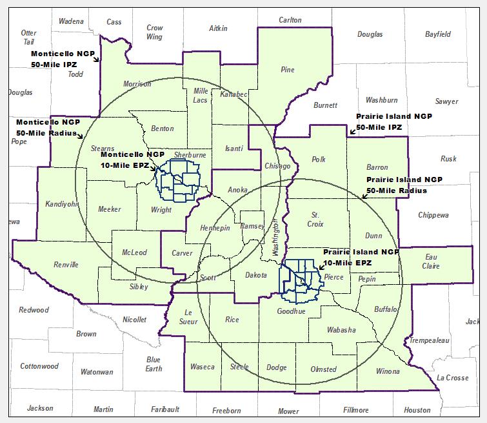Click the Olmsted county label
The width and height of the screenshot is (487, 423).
323,369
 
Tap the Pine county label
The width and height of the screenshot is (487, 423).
287,69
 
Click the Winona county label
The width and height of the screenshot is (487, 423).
388,371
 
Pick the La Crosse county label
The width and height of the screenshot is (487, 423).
452,378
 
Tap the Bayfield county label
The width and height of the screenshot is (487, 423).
438,34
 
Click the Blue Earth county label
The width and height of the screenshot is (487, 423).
154,364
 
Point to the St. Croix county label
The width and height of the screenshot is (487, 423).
315,219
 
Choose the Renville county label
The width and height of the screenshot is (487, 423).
66,265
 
